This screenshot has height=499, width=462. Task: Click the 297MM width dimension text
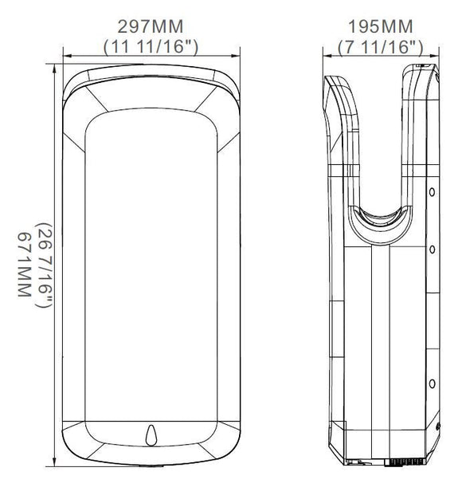tap(151, 27)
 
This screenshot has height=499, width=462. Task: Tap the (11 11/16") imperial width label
tap(151, 47)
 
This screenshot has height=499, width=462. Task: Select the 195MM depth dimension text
tap(381, 27)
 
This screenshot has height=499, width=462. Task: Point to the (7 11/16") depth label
tap(381, 47)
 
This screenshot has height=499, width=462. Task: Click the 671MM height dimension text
tap(24, 265)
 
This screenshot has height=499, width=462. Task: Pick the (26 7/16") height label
tap(44, 265)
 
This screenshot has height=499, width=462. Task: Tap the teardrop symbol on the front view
tap(151, 435)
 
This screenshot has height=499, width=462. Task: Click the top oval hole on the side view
tap(432, 192)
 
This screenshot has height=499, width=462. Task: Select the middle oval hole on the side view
tap(432, 249)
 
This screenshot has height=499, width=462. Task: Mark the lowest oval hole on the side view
tap(432, 383)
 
